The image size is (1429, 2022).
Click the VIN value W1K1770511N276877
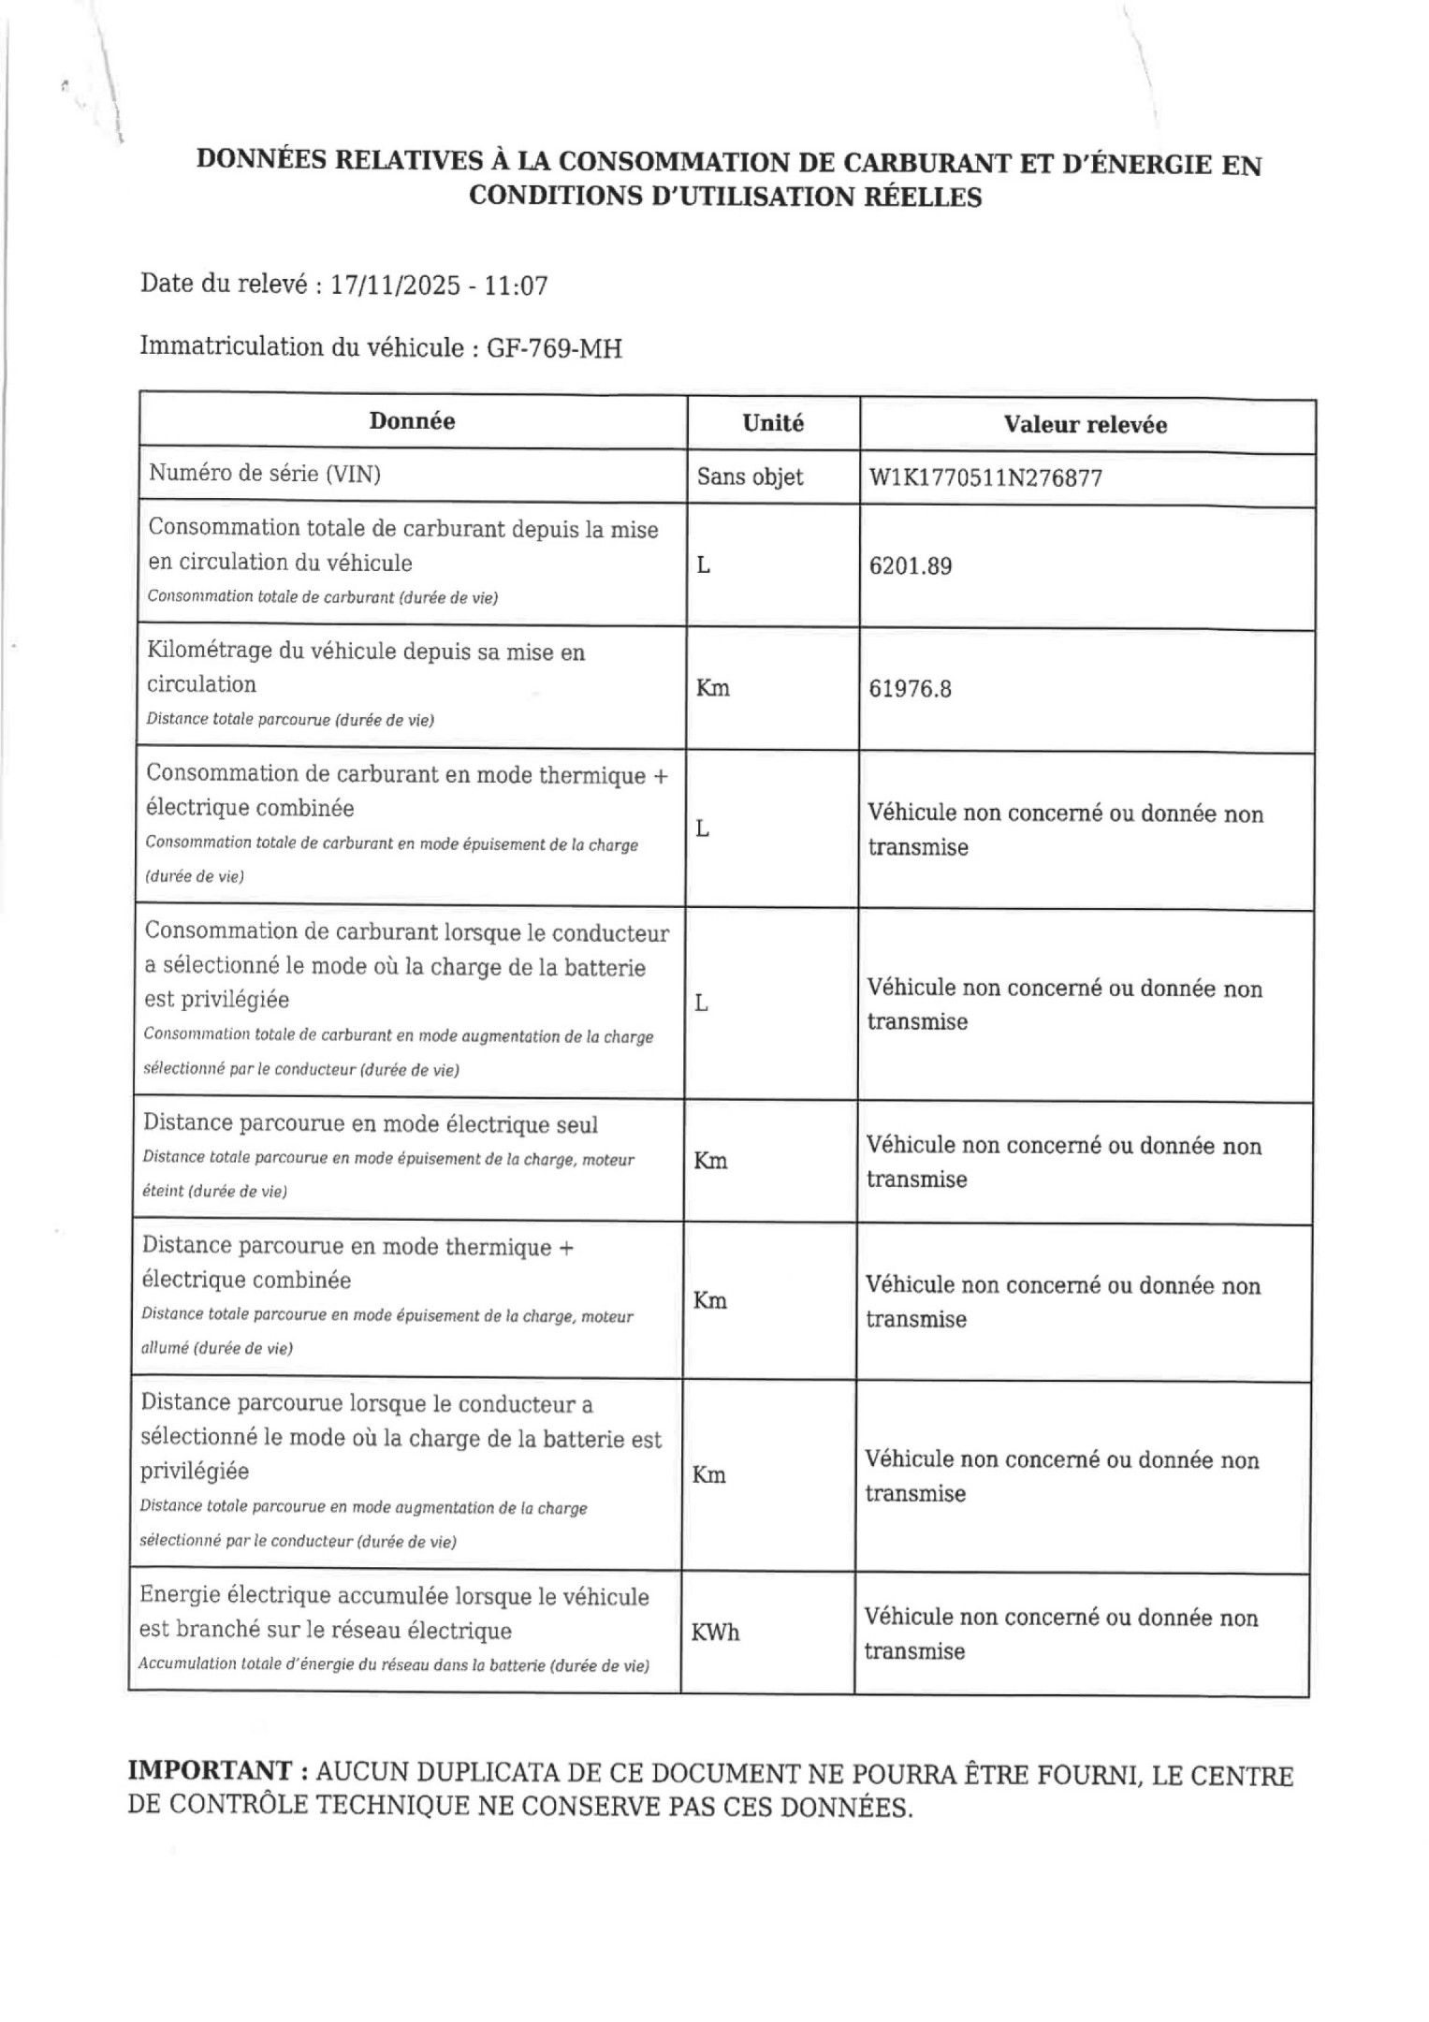pos(985,478)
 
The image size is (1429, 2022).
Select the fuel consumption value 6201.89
pos(911,566)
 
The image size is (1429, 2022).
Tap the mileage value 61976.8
pos(911,689)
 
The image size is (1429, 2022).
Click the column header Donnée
pos(412,421)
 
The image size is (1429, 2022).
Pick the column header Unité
pos(773,423)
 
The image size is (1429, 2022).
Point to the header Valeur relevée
pos(1086,425)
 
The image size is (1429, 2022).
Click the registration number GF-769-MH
pos(554,349)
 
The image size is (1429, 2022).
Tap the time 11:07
pos(515,286)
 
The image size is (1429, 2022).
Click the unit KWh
pos(715,1633)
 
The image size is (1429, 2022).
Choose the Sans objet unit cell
pos(750,477)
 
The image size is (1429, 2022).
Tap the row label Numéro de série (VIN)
pos(265,475)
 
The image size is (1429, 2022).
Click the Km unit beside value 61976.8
pos(713,689)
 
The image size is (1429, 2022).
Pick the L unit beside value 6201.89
pos(704,566)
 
